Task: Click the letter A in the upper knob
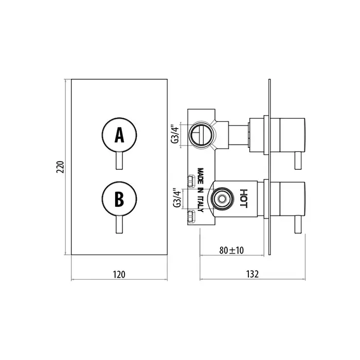tap(119, 135)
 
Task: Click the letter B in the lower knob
tap(119, 200)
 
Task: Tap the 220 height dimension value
tap(60, 167)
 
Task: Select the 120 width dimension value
tap(119, 274)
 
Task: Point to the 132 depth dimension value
tap(253, 274)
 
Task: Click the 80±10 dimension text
tap(231, 250)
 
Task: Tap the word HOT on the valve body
tap(244, 199)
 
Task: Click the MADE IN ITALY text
tap(201, 190)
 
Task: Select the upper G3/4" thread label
tap(175, 134)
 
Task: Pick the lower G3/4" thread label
tap(177, 198)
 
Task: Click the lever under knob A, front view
tap(119, 160)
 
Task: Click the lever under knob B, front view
tap(119, 225)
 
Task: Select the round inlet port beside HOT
tap(222, 199)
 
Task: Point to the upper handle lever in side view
tap(298, 160)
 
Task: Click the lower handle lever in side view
tap(298, 225)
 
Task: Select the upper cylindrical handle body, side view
tap(288, 135)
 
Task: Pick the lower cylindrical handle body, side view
tap(288, 199)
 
